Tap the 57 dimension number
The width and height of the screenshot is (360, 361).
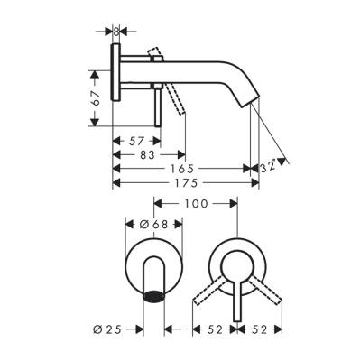click(136, 141)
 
